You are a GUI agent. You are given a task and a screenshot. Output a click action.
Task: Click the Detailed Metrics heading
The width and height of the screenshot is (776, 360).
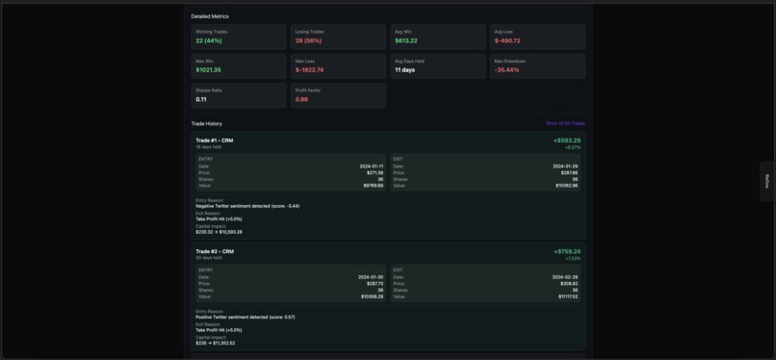210,16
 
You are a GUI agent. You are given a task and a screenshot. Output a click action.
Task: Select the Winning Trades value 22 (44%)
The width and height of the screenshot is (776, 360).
209,40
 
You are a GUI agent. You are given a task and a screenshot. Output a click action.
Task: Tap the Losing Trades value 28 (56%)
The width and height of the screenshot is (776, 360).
308,40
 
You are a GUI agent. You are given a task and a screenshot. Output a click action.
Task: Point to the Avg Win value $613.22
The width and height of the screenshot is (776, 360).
406,40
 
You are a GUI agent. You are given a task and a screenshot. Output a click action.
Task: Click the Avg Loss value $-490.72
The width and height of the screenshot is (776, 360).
507,40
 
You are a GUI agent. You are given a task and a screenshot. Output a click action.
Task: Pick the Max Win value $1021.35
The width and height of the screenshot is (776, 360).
208,70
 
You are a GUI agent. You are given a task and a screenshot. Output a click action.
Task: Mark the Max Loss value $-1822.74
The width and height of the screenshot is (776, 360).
309,70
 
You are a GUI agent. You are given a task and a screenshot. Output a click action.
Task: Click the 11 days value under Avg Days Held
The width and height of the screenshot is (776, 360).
404,70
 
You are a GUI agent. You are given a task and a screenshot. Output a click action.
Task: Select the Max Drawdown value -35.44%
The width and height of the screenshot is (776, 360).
506,70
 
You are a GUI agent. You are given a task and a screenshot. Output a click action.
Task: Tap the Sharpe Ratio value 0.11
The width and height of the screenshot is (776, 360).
201,99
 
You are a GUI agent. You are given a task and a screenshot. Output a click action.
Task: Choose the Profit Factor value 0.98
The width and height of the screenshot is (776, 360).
301,99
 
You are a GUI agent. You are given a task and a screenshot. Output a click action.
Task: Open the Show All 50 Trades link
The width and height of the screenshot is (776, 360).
565,123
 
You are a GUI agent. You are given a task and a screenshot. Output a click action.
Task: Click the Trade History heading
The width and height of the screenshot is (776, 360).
206,123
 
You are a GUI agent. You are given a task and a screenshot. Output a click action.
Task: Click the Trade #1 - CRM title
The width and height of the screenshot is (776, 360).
214,141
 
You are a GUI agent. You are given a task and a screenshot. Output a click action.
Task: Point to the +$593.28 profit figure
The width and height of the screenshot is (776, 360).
567,141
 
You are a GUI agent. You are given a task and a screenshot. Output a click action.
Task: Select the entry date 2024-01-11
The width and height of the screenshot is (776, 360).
371,166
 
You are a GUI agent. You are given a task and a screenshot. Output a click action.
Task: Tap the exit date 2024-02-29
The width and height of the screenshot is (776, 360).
565,276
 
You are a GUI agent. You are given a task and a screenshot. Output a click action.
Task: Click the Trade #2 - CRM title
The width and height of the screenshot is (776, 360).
214,251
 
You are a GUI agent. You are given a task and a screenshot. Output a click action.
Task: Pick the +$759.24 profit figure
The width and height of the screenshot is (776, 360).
567,251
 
